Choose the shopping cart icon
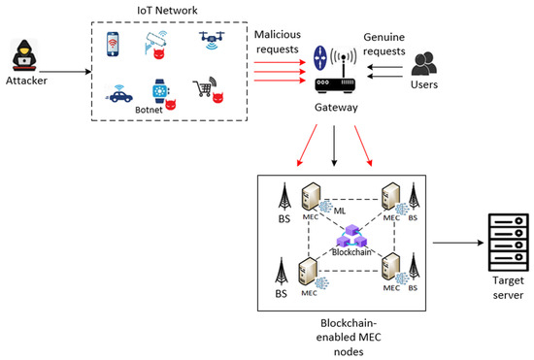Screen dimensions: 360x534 (x=204, y=88)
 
